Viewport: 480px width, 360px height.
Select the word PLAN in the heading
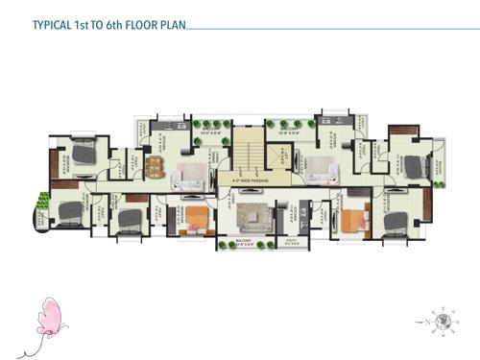(169, 29)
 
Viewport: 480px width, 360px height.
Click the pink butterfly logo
(48, 318)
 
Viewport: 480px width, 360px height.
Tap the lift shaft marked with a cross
(282, 156)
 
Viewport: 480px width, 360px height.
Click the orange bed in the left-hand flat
(196, 220)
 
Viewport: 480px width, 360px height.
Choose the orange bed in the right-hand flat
(352, 220)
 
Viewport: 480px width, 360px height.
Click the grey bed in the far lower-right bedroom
(396, 221)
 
